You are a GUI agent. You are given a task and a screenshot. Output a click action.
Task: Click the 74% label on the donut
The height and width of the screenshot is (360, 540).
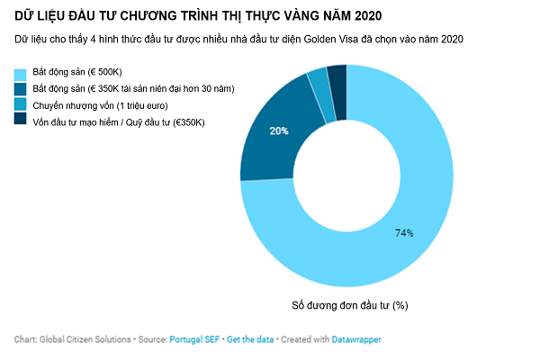403,233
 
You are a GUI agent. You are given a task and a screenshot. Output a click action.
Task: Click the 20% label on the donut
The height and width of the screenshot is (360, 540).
279,130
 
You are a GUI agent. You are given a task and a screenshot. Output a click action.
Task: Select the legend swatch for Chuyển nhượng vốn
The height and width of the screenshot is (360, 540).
20,104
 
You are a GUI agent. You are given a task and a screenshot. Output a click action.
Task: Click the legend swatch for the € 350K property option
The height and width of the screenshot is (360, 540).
20,89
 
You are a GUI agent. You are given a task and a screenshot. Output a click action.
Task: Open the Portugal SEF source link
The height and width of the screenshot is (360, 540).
194,340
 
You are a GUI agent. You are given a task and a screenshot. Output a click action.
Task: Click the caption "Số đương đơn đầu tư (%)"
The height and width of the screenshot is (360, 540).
350,305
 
